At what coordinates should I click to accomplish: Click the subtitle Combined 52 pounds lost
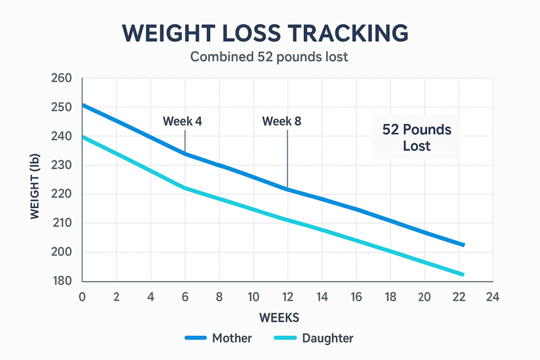point(269,57)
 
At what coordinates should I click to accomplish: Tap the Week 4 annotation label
point(182,121)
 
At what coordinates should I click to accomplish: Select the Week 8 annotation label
point(282,121)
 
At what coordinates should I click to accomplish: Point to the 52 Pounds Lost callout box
point(417,138)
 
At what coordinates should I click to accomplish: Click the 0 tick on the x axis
point(82,297)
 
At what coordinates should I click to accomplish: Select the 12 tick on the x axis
point(288,297)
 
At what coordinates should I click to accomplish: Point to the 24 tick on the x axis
point(492,297)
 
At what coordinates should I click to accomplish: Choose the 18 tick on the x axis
point(390,297)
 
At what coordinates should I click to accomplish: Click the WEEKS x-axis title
point(279,318)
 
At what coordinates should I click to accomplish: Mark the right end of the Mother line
point(463,245)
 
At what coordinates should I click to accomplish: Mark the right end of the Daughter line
point(463,275)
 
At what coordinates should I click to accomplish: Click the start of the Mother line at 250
point(83,105)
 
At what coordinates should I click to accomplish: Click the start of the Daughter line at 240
point(83,137)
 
